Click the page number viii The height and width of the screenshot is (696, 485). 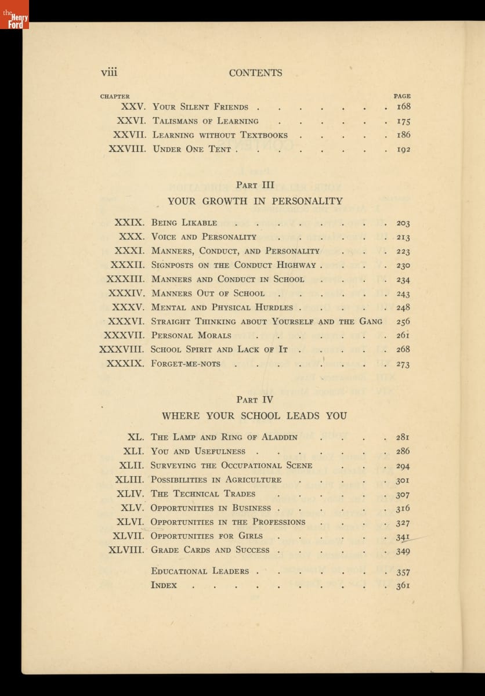click(109, 72)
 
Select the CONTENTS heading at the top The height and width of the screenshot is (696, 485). click(255, 73)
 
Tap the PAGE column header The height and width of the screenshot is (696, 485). click(401, 96)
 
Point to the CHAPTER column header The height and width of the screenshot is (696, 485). click(115, 96)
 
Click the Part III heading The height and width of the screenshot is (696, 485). click(255, 185)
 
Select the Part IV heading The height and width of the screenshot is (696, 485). click(255, 400)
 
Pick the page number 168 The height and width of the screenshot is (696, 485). click(403, 107)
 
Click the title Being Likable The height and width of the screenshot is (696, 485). click(184, 223)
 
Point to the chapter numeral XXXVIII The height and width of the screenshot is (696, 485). click(122, 349)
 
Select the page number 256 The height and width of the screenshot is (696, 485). click(403, 321)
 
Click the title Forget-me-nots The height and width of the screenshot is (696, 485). click(186, 364)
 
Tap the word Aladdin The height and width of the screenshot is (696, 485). click(274, 437)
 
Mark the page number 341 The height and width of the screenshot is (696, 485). click(403, 536)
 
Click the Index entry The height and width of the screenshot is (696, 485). click(164, 585)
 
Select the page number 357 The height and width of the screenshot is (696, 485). click(403, 572)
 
